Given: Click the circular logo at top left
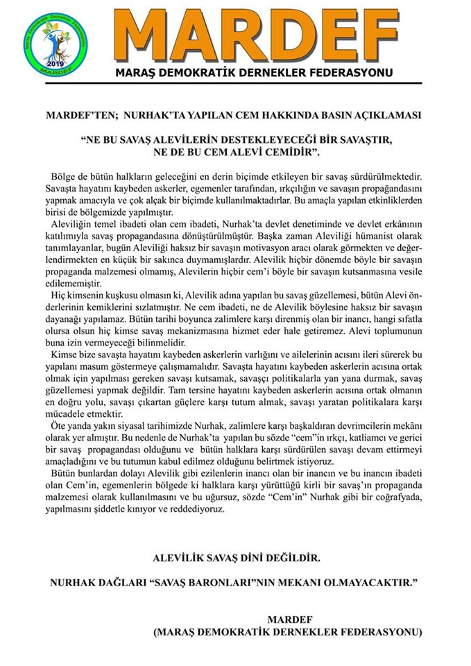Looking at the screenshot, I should pyautogui.click(x=55, y=42).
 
